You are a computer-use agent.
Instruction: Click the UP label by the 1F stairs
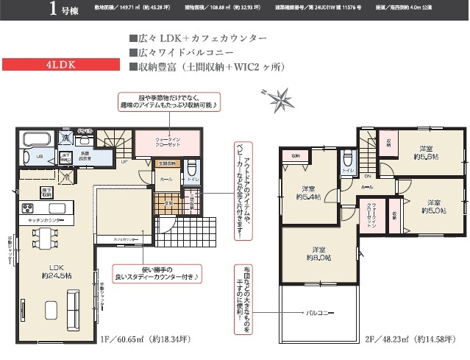tap(125, 162)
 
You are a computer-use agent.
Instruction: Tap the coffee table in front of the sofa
tap(51, 307)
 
